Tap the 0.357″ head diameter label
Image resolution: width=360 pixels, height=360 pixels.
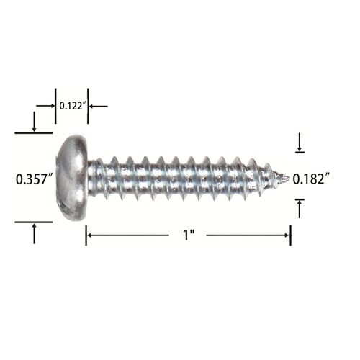pos(35,179)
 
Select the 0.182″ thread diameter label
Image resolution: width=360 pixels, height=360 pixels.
pos(311,179)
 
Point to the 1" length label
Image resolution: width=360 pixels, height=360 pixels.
pos(189,235)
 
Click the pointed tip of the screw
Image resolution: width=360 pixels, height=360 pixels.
pos(289,179)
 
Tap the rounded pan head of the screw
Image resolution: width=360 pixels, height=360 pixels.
pos(71,178)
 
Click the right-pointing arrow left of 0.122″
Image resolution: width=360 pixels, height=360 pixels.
pos(45,106)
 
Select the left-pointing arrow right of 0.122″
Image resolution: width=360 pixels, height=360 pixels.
pos(99,106)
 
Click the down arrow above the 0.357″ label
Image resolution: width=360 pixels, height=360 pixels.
pos(34,122)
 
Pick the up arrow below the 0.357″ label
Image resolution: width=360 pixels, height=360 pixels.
pos(34,233)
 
